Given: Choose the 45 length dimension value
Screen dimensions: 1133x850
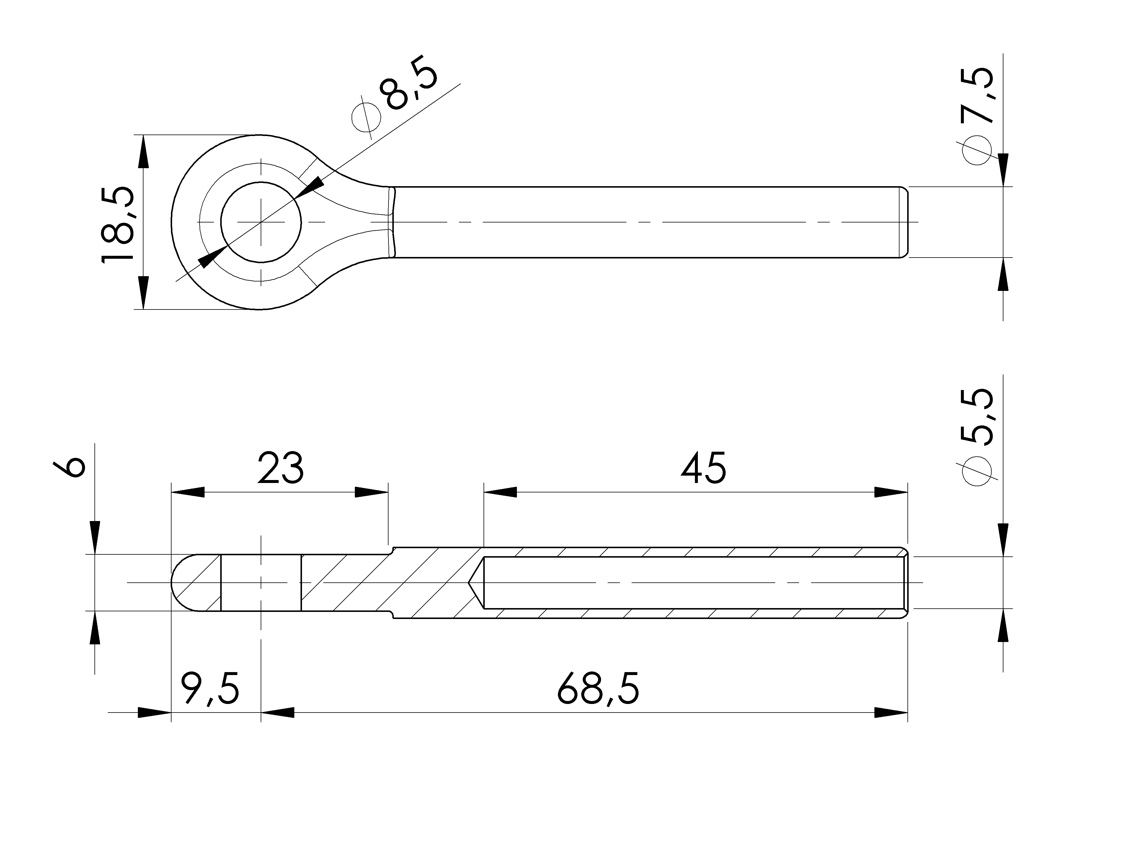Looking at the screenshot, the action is pyautogui.click(x=703, y=468).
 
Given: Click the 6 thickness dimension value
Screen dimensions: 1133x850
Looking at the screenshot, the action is pyautogui.click(x=69, y=467).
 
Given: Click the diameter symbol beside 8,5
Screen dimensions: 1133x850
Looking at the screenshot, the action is pyautogui.click(x=367, y=117).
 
